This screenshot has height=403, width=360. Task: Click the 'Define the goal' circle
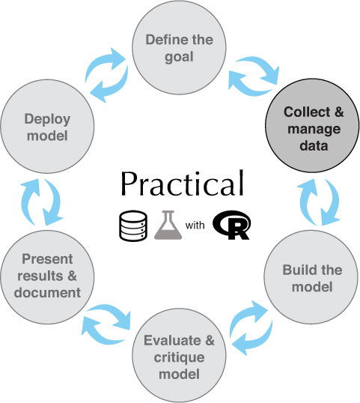179,47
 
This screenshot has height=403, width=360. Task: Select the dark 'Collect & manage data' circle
312,126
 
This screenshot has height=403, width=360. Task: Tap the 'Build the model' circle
311,277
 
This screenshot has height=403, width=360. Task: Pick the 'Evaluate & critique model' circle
179,356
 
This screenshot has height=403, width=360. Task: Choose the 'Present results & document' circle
47,277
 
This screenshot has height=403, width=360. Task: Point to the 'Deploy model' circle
47,127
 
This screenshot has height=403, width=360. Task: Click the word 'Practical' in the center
182,184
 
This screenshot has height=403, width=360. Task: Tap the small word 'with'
195,225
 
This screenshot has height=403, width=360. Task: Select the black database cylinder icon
133,226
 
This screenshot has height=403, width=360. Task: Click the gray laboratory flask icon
168,225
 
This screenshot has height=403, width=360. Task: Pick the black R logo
231,225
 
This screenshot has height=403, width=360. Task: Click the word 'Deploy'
47,120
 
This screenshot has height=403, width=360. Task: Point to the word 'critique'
179,357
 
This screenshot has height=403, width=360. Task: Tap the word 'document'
47,292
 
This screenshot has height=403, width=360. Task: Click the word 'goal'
179,58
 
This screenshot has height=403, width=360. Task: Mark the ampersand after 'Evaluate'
210,340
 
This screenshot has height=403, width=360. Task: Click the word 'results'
40,276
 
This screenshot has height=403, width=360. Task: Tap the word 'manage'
314,130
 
